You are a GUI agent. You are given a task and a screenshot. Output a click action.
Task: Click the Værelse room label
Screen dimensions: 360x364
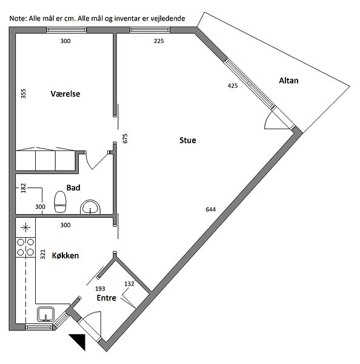click(x=65, y=94)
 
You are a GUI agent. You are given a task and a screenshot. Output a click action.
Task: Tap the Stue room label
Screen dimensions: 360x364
click(x=188, y=140)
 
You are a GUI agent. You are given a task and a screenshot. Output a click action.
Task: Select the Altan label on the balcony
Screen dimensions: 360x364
click(x=288, y=81)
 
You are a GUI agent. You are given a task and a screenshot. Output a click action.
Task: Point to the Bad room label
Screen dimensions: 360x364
click(x=73, y=187)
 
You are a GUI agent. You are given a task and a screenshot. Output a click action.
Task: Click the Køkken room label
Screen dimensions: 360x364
click(x=65, y=255)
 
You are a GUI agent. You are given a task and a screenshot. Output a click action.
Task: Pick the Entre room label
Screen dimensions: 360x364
click(x=107, y=298)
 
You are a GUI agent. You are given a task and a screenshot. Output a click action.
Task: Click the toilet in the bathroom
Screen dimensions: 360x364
click(x=60, y=201)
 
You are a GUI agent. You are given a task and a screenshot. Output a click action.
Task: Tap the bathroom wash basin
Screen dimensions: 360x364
click(x=90, y=207)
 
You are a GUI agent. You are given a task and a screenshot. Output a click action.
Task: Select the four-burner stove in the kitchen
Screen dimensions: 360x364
click(x=25, y=248)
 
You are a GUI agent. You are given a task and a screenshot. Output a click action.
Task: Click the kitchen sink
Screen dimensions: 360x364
click(x=45, y=314)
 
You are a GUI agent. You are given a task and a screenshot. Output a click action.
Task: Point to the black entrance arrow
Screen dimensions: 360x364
click(x=79, y=340)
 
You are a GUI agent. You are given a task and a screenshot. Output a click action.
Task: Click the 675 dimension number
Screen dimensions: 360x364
click(x=125, y=138)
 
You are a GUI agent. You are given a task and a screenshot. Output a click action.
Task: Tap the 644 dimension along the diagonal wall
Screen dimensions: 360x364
click(x=211, y=209)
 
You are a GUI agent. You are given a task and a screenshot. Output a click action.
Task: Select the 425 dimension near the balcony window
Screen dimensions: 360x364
click(x=233, y=86)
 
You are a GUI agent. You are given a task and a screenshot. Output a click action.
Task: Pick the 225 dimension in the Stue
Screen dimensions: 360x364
click(x=159, y=41)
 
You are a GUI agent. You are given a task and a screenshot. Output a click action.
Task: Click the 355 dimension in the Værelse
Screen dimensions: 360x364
click(x=24, y=93)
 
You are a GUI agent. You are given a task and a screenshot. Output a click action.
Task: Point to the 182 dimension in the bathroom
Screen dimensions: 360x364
click(x=24, y=188)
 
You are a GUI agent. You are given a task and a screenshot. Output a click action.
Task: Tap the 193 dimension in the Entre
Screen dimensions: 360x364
click(x=100, y=289)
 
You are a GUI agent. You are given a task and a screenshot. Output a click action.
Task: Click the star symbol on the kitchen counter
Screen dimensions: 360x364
click(x=25, y=227)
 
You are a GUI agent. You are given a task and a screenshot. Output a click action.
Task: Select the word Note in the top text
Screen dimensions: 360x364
click(x=18, y=19)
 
